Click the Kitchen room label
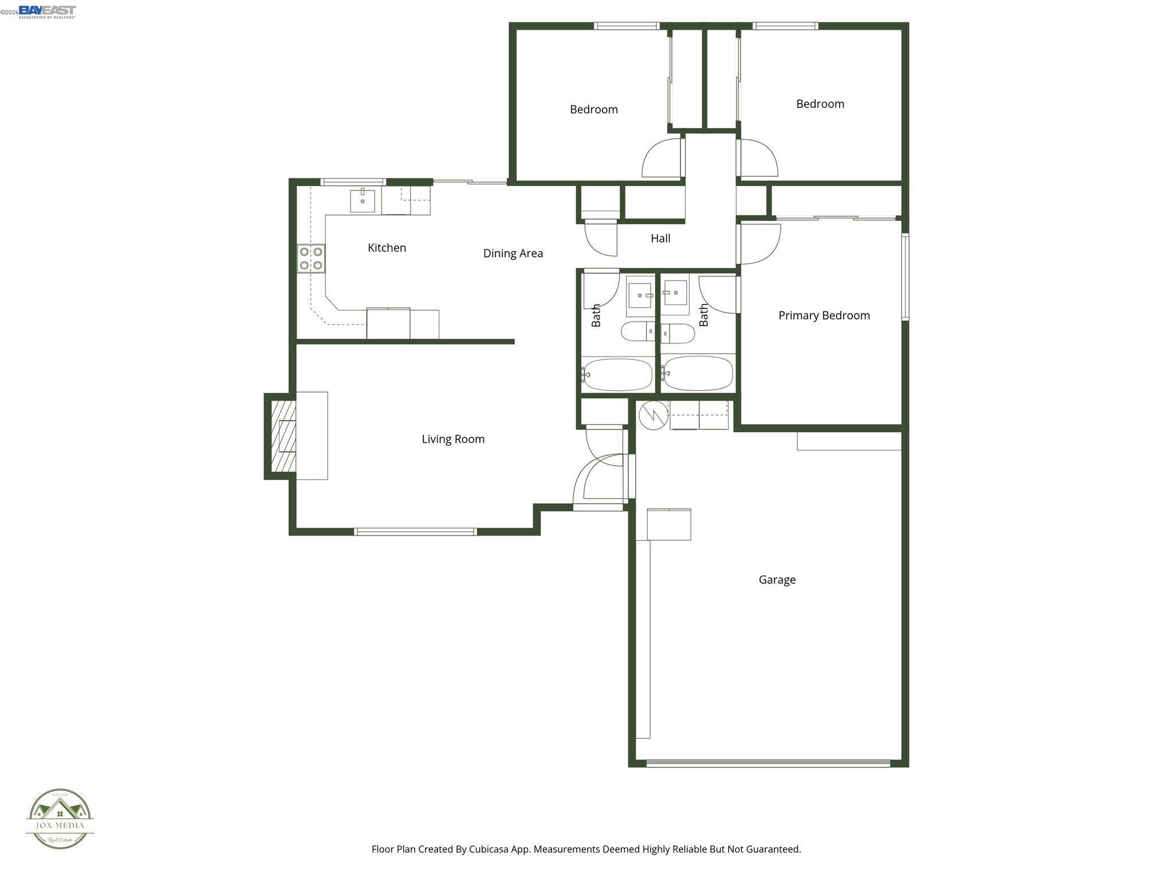pos(387,248)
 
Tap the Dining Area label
pos(513,253)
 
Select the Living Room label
pos(453,439)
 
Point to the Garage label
pos(777,580)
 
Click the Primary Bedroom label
pos(824,315)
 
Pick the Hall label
pos(660,239)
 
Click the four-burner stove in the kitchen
pos(311,258)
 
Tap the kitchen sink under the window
pos(363,201)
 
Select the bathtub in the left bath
pos(617,375)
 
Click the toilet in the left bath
pos(637,331)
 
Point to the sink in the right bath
pos(675,293)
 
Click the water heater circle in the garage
pos(653,415)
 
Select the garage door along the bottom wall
pos(768,763)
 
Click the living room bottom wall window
pos(415,532)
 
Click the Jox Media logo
pos(60,819)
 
